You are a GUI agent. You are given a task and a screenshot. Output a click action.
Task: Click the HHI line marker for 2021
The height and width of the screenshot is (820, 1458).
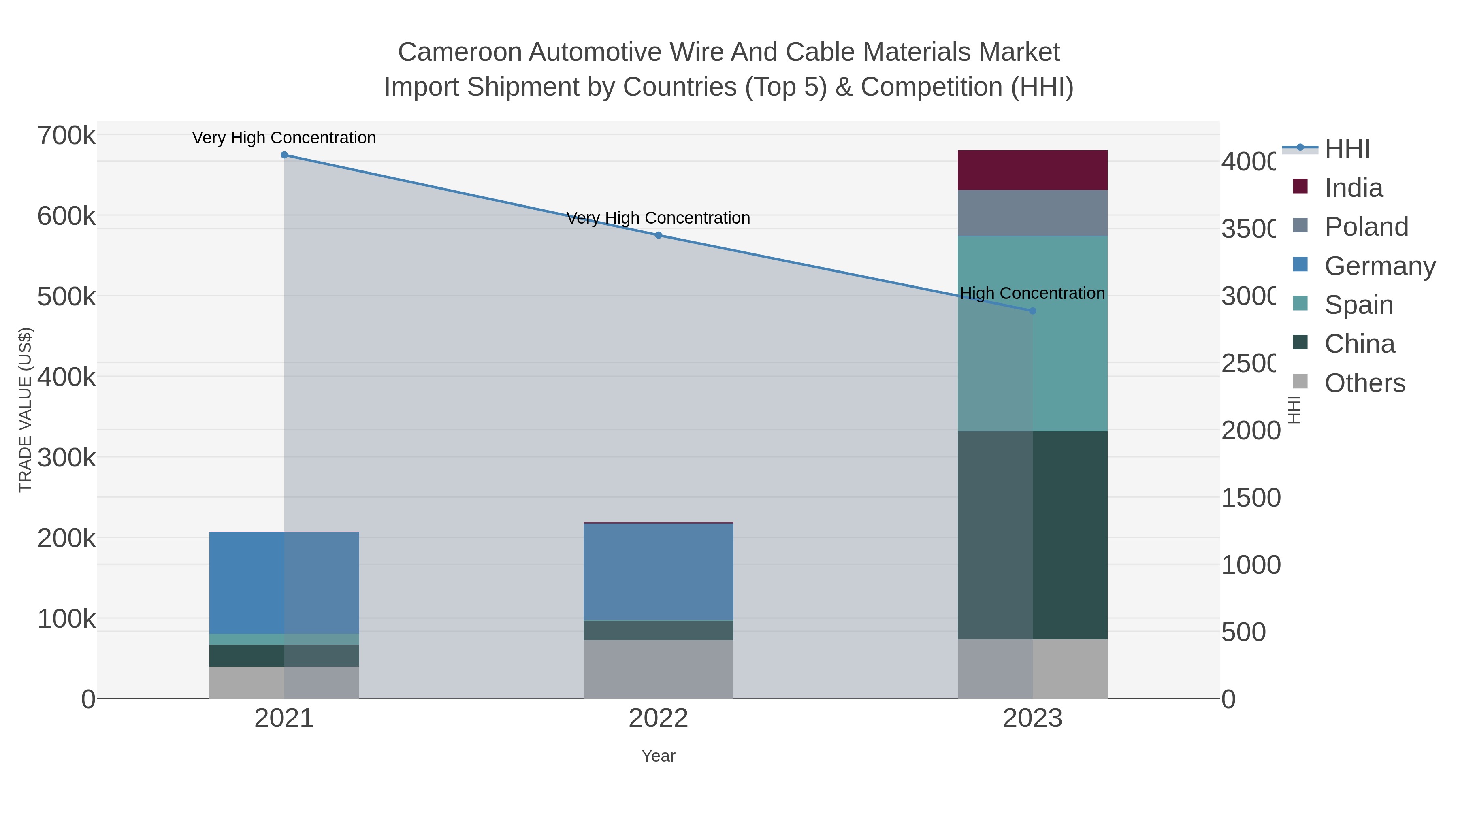point(284,155)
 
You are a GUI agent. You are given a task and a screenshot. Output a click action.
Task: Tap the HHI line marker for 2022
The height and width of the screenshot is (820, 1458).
point(658,235)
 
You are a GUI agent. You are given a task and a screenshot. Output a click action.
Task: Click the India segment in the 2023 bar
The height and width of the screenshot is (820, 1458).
point(1032,170)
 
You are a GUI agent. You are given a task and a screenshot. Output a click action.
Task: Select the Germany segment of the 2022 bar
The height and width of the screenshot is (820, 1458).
point(658,571)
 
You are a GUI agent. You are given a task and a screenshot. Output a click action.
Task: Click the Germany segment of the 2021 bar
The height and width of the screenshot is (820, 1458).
point(284,583)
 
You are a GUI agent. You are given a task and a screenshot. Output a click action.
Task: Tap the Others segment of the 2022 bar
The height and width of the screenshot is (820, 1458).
point(658,669)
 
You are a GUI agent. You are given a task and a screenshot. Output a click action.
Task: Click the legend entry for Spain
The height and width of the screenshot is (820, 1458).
point(1358,305)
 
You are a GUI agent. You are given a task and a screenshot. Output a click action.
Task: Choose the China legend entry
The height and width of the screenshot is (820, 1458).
point(1360,344)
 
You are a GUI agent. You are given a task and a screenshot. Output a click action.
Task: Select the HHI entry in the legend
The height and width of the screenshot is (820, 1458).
point(1347,149)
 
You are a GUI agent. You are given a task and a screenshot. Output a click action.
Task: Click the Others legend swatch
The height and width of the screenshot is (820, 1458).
point(1300,382)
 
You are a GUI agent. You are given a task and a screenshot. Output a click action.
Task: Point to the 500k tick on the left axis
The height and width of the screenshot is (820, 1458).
point(66,296)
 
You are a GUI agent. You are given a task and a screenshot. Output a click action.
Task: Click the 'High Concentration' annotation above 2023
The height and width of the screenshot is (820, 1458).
point(1032,293)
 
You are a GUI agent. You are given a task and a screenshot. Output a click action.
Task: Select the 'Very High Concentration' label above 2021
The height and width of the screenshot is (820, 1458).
point(284,138)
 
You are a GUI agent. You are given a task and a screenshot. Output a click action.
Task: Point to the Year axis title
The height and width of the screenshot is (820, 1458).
point(658,756)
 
